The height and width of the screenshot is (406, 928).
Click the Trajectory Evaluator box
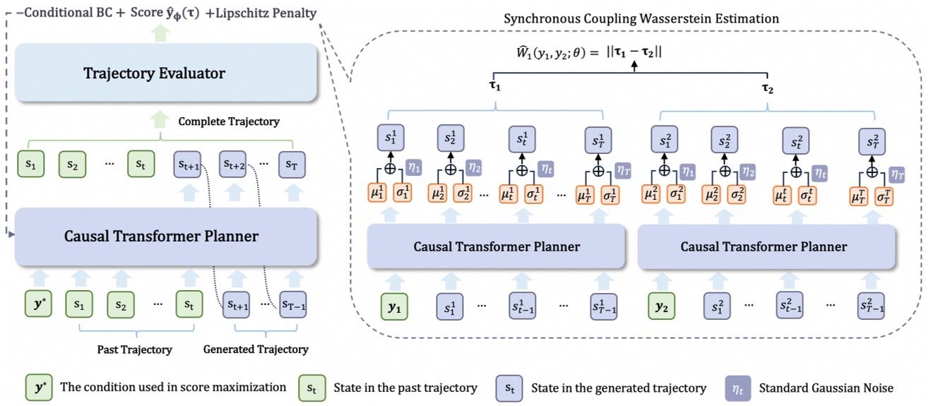coord(154,73)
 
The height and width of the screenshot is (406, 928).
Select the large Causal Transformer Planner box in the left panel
coord(161,236)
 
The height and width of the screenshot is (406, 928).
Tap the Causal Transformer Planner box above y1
coord(496,246)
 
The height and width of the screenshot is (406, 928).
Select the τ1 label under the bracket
coord(495,88)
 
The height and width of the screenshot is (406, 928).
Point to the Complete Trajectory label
coord(229,122)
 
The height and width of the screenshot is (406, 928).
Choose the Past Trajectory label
coord(134,349)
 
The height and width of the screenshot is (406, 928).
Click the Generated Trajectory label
coord(256,349)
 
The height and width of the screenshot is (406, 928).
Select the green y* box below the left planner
coord(39,304)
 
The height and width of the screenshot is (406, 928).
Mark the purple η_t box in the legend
coord(737,387)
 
